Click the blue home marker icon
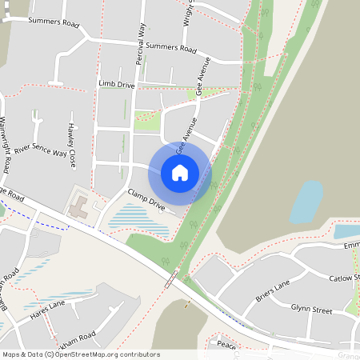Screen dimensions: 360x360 [x=180, y=173]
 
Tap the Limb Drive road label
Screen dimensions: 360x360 [x=116, y=83]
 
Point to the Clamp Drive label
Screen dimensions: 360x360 [x=146, y=200]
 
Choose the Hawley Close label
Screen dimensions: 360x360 [x=72, y=144]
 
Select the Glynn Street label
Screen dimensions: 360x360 [x=311, y=308]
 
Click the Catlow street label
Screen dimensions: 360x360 [x=346, y=278]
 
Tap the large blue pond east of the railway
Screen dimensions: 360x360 [x=306, y=201]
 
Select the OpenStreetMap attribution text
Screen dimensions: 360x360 [x=80, y=354]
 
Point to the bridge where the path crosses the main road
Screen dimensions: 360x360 [x=170, y=279]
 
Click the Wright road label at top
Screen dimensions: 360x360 [x=187, y=11]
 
